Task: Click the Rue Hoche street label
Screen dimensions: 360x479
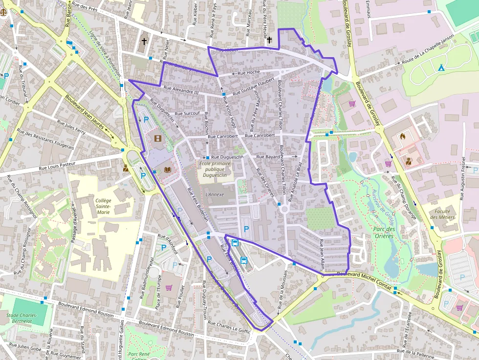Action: pos(249,72)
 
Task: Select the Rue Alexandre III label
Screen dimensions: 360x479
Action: pos(181,91)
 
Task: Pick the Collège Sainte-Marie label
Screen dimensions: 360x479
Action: pos(103,206)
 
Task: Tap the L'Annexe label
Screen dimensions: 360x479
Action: pos(215,194)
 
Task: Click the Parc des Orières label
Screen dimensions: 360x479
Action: pos(384,232)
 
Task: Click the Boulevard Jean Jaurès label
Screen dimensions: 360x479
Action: pos(85,111)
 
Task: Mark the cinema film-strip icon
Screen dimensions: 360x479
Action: pos(157,138)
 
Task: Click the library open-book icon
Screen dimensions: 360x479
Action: pos(168,169)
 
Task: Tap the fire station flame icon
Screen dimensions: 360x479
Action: pos(402,136)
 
